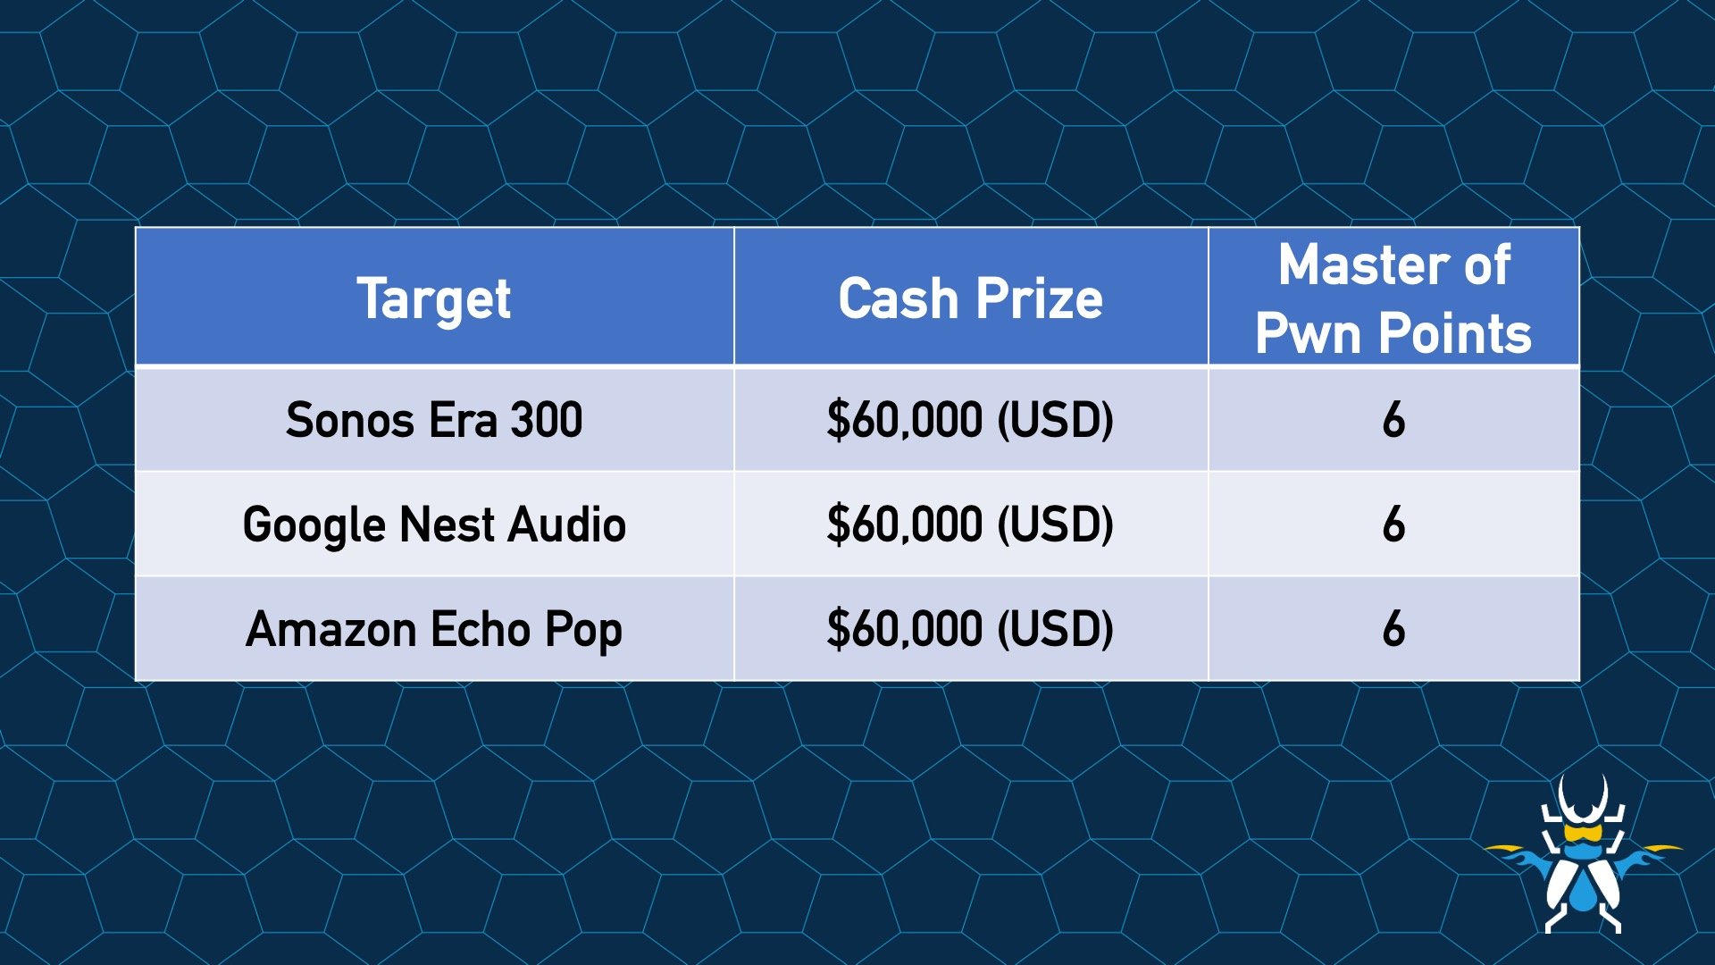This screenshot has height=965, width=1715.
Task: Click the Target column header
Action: click(x=434, y=298)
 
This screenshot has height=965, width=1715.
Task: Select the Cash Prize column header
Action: click(x=970, y=298)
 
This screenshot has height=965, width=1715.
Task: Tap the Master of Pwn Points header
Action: click(x=1393, y=298)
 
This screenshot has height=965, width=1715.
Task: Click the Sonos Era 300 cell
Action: click(x=434, y=419)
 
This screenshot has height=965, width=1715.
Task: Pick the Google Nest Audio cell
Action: click(x=434, y=524)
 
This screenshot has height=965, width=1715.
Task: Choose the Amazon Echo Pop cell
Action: click(x=434, y=629)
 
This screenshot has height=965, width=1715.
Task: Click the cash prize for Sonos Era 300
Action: click(x=970, y=420)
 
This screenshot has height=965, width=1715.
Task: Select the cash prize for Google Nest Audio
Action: click(x=970, y=524)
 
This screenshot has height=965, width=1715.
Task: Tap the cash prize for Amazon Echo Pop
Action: click(x=970, y=629)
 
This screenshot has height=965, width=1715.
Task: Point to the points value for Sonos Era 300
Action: click(x=1393, y=420)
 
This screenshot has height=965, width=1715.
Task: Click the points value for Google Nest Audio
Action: click(x=1393, y=524)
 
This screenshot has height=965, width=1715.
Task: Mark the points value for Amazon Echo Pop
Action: click(x=1393, y=629)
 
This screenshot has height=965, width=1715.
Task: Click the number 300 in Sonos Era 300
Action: click(x=547, y=420)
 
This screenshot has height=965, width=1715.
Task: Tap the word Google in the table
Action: click(x=314, y=525)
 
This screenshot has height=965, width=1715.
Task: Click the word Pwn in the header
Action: click(x=1310, y=334)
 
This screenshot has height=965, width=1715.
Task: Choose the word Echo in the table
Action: click(x=481, y=629)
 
